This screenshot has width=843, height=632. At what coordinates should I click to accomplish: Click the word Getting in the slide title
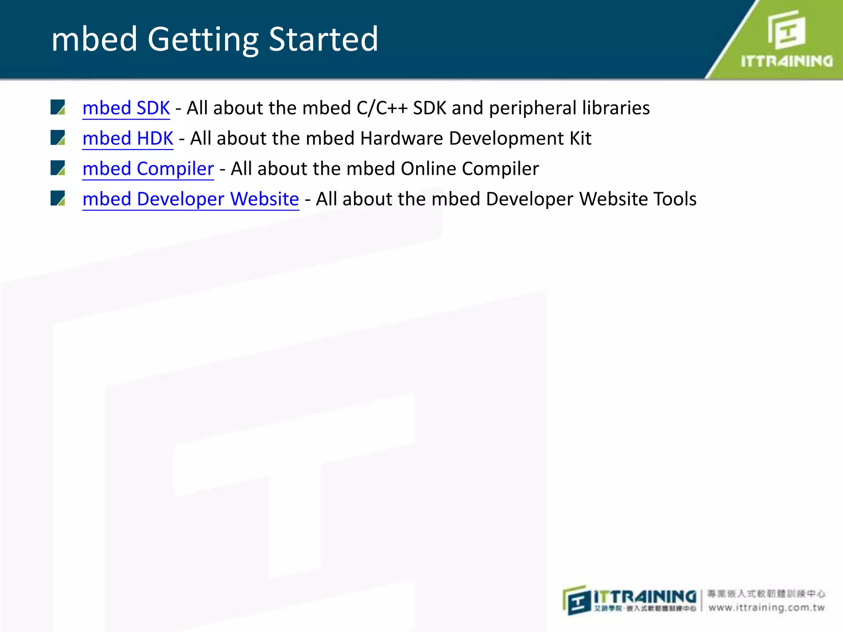(203, 39)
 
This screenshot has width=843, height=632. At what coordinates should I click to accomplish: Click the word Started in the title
(323, 39)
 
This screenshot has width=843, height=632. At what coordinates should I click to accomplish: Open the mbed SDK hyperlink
(126, 108)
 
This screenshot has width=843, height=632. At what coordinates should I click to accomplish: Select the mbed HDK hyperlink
(128, 138)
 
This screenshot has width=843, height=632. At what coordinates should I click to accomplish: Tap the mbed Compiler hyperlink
(148, 169)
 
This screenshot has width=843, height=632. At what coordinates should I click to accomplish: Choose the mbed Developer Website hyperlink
(191, 199)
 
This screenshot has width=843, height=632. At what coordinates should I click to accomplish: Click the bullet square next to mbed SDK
(58, 107)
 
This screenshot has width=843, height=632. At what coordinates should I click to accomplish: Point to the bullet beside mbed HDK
(58, 138)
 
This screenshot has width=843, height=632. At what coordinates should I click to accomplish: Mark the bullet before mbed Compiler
(58, 168)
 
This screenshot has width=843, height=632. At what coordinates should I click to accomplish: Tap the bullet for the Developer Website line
(58, 198)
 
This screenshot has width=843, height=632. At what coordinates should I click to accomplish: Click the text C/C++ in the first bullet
(382, 108)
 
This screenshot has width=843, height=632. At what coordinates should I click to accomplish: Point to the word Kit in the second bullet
(580, 138)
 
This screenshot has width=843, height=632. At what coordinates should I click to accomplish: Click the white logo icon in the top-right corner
(786, 30)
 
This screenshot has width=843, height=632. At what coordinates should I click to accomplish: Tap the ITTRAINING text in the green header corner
(786, 61)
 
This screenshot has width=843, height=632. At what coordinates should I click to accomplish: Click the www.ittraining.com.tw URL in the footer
(766, 608)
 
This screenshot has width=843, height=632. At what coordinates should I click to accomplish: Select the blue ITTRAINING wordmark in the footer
(645, 597)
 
